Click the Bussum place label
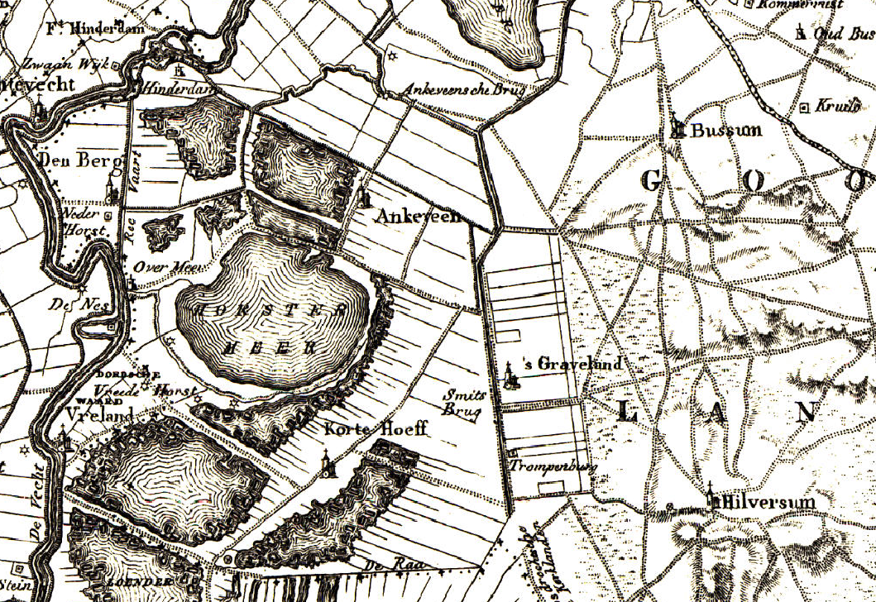(x=725, y=131)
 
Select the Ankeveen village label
(x=418, y=217)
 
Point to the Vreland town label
(x=98, y=414)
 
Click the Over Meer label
(x=160, y=266)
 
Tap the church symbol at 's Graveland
(x=511, y=376)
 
